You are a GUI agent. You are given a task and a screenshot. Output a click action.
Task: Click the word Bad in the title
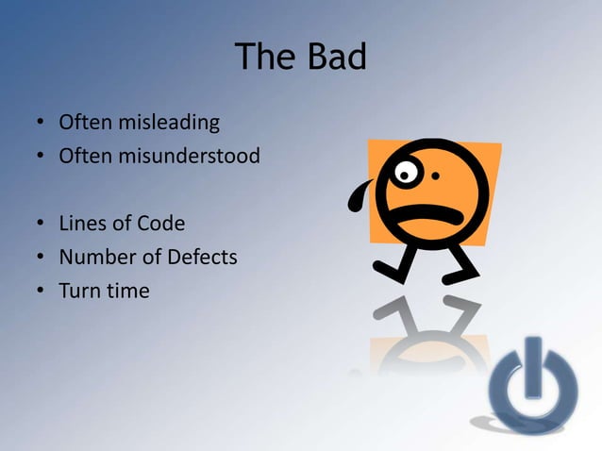click(335, 58)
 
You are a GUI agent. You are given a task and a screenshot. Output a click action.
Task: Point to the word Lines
click(82, 224)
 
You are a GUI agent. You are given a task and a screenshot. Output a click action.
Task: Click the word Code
click(161, 224)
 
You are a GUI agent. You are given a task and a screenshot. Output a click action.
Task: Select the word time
click(127, 291)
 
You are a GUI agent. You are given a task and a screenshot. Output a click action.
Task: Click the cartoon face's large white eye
click(406, 174)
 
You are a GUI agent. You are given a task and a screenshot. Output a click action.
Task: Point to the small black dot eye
click(435, 175)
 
